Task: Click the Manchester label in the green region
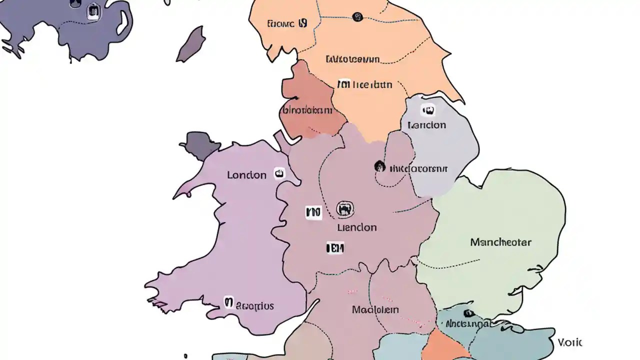pyautogui.click(x=500, y=242)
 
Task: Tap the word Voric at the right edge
pyautogui.click(x=569, y=342)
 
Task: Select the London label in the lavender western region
pyautogui.click(x=246, y=175)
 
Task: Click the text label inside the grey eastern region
pyautogui.click(x=426, y=125)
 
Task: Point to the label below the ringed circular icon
pyautogui.click(x=356, y=227)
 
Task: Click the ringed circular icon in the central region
pyautogui.click(x=345, y=208)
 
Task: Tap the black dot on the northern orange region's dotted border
pyautogui.click(x=357, y=17)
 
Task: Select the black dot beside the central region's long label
pyautogui.click(x=379, y=166)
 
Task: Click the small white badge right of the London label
pyautogui.click(x=279, y=173)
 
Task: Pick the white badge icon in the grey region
pyautogui.click(x=428, y=110)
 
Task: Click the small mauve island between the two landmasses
pyautogui.click(x=191, y=45)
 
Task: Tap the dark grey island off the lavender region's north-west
pyautogui.click(x=200, y=145)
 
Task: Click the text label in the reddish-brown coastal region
pyautogui.click(x=306, y=110)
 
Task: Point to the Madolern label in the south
pyautogui.click(x=375, y=309)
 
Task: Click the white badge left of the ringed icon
pyautogui.click(x=313, y=212)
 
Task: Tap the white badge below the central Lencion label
pyautogui.click(x=334, y=247)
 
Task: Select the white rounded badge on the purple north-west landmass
pyautogui.click(x=93, y=11)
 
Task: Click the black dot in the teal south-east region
pyautogui.click(x=468, y=313)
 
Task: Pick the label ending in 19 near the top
pyautogui.click(x=287, y=23)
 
